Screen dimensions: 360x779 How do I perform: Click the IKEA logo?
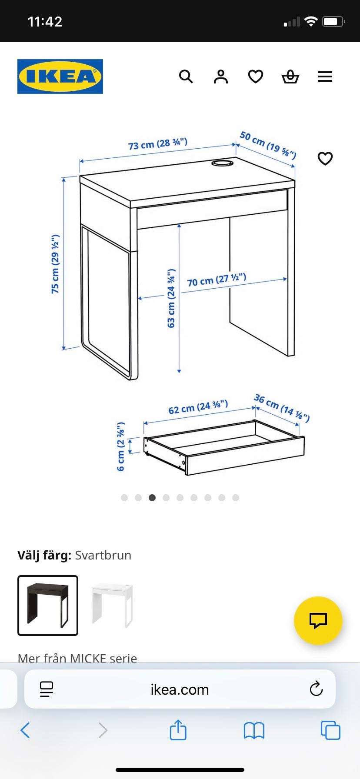pyautogui.click(x=60, y=77)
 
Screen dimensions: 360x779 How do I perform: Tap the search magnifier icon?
pyautogui.click(x=186, y=77)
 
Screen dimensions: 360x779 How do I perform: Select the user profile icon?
pyautogui.click(x=221, y=77)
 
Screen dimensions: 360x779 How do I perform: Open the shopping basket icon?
pyautogui.click(x=290, y=77)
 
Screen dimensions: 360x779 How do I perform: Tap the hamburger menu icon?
pyautogui.click(x=325, y=77)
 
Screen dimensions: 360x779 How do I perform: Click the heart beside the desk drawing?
pyautogui.click(x=325, y=158)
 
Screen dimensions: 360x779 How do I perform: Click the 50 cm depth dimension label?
pyautogui.click(x=268, y=145)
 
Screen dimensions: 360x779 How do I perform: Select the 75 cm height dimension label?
pyautogui.click(x=55, y=264)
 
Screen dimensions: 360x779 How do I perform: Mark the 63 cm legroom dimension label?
pyautogui.click(x=171, y=298)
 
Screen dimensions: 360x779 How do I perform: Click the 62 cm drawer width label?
pyautogui.click(x=198, y=407)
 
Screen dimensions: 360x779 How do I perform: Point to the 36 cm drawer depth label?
pyautogui.click(x=282, y=408)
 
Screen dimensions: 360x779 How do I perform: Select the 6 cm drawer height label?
pyautogui.click(x=121, y=446)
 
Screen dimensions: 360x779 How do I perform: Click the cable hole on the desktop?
pyautogui.click(x=223, y=163)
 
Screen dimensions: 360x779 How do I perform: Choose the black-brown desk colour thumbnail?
pyautogui.click(x=48, y=606)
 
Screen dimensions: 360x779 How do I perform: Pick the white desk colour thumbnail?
pyautogui.click(x=112, y=606)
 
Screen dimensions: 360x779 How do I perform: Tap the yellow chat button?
pyautogui.click(x=318, y=621)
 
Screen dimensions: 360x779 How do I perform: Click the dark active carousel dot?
pyautogui.click(x=152, y=498)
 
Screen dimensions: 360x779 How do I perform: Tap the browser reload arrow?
pyautogui.click(x=316, y=689)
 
